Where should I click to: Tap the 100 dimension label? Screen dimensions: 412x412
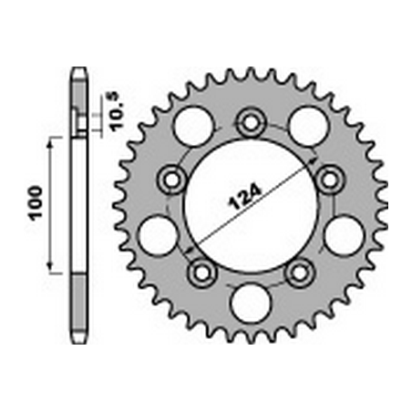36,202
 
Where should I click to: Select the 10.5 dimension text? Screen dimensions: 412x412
118,111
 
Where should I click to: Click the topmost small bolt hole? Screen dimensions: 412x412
251,123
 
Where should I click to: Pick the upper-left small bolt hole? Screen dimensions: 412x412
171,180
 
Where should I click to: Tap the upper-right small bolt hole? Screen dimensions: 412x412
330,180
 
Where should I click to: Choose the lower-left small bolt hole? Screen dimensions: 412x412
202,273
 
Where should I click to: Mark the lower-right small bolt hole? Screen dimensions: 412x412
299,273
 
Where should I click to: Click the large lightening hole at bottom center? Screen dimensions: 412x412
251,303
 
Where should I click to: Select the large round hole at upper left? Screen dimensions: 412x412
193,126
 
